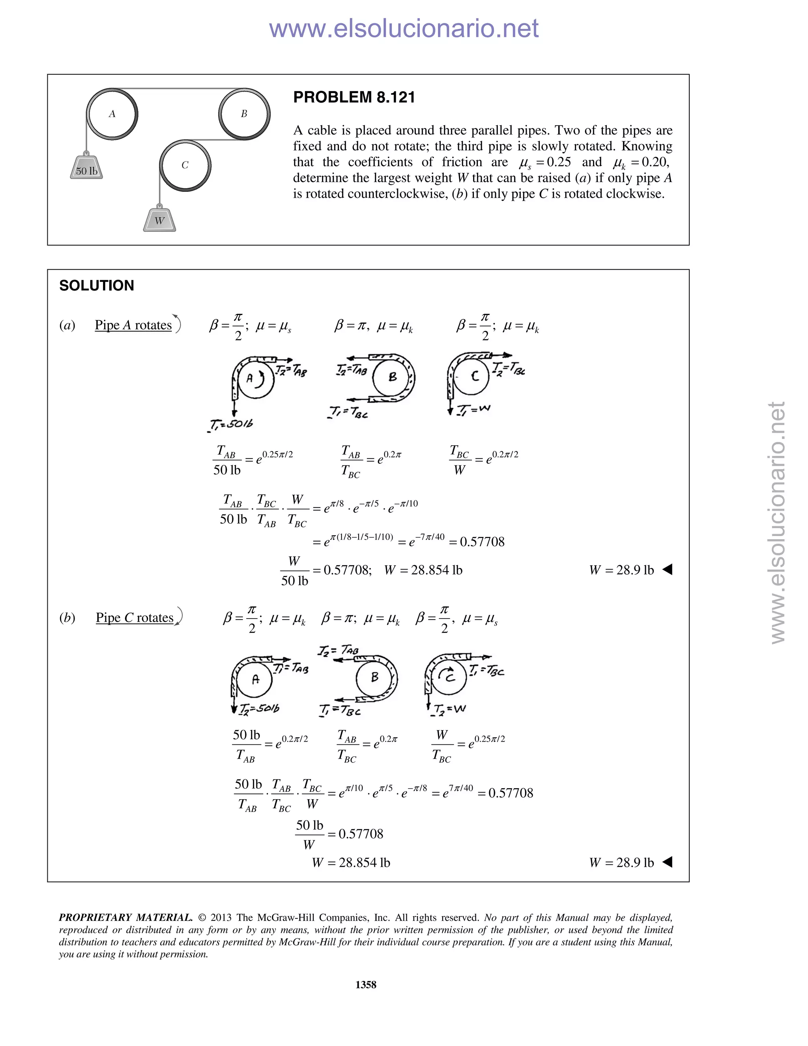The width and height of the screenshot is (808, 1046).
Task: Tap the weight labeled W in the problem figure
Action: [159, 220]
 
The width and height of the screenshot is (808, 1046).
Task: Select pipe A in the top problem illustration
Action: [112, 114]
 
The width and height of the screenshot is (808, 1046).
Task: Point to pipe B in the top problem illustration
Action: [244, 114]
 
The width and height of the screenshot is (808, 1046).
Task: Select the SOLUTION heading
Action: [96, 285]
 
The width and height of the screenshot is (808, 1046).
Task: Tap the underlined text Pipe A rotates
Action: [133, 325]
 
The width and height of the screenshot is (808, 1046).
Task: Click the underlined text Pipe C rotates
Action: [135, 618]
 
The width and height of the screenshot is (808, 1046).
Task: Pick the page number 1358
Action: [366, 985]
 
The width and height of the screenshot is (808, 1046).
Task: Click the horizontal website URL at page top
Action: [404, 28]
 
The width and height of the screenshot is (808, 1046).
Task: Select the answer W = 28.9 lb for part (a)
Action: [621, 570]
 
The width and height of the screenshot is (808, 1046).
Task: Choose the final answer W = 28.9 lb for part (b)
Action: [621, 862]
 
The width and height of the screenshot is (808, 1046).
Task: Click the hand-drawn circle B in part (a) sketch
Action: [393, 377]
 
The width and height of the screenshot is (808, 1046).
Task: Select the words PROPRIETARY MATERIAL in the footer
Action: [125, 918]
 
